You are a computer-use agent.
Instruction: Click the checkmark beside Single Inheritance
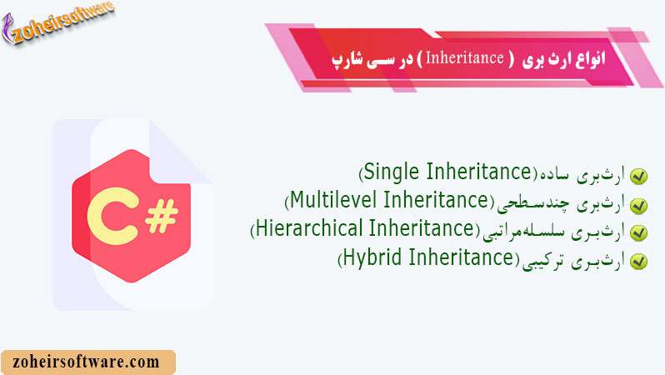(x=638, y=177)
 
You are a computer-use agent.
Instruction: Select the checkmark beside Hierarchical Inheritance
(x=638, y=232)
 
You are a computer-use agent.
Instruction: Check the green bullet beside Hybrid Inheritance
(x=638, y=261)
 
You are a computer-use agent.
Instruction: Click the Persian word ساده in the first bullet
(x=552, y=176)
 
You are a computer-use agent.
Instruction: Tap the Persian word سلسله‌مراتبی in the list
(x=522, y=232)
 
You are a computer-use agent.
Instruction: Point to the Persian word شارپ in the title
(x=350, y=61)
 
